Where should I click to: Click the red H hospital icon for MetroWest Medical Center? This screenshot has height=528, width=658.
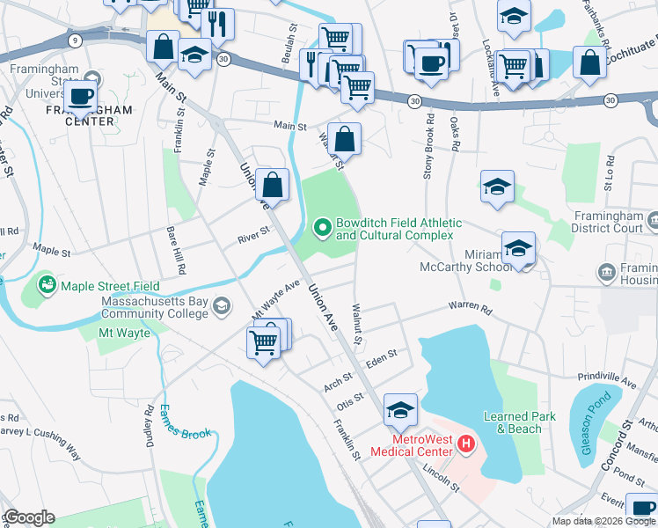(x=466, y=444)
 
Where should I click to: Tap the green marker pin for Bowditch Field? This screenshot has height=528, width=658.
(x=323, y=229)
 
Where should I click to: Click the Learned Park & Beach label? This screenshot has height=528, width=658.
(x=519, y=422)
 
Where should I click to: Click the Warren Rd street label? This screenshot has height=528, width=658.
(x=469, y=307)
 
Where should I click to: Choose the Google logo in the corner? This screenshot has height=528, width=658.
(x=29, y=517)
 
